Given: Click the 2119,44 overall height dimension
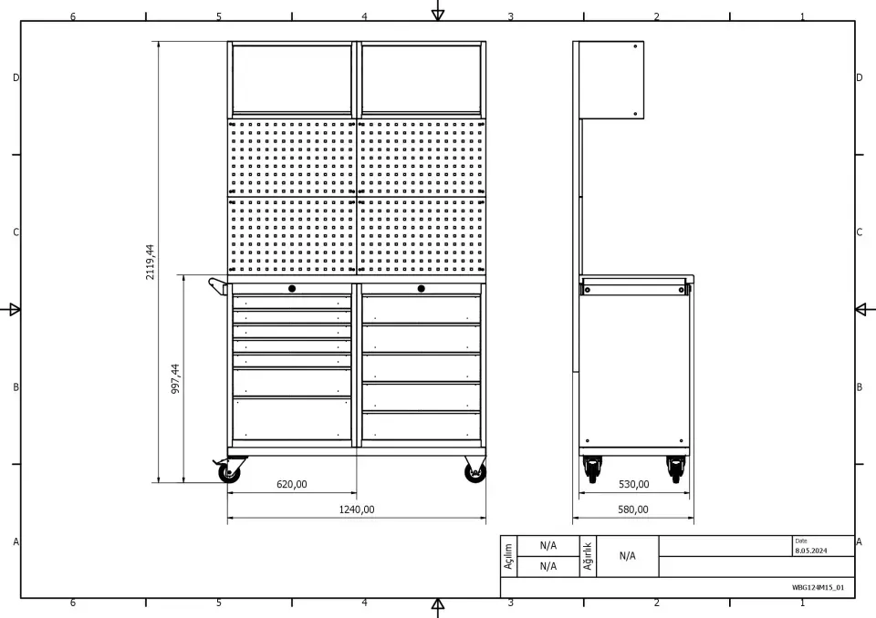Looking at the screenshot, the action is pos(150,262).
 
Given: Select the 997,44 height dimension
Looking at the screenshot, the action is pos(175,379).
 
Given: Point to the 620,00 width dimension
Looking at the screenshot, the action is pos(292,484).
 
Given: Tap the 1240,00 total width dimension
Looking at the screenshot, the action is pos(357,510).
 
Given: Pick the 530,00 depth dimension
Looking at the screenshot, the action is pos(633,484).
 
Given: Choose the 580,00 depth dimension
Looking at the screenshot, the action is pos(633,510).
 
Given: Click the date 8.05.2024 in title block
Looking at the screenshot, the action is pos(810,551).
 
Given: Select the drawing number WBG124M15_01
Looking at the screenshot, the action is pos(818,587).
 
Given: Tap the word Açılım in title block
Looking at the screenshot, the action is pos(508,557).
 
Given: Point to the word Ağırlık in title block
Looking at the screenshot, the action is pos(588,556).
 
